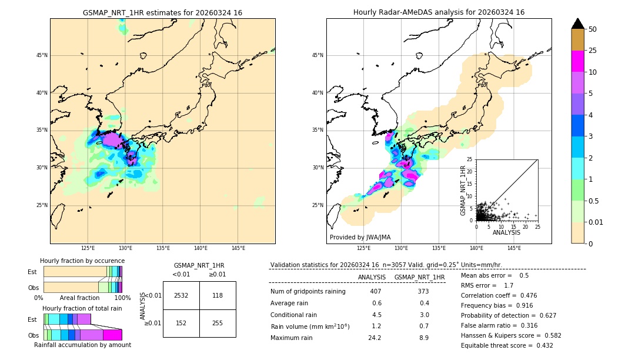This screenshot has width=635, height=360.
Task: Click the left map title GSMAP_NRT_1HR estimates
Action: coord(162,13)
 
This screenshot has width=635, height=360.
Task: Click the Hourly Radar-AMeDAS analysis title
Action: coord(439,12)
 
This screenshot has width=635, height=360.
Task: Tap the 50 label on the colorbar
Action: coord(593,29)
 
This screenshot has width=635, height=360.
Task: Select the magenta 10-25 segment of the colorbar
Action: coord(578,62)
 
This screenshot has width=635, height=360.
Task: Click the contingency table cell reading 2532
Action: coord(181,295)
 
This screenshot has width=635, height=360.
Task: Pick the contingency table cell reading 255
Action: coord(218,323)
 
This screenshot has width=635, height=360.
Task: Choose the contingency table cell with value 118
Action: coord(218,295)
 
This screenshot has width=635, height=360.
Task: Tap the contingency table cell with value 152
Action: coord(181,323)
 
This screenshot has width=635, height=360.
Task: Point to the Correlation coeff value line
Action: coord(499,295)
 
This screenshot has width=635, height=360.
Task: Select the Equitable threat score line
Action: coord(507,345)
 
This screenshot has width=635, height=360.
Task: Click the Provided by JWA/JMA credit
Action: coord(360,238)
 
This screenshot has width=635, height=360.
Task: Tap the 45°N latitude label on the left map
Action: coord(42,55)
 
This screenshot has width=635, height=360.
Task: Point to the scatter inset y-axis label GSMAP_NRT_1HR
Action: coord(463,190)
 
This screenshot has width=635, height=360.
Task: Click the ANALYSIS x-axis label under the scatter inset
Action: coord(506,232)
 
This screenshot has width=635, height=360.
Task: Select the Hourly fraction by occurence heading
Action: coord(82,261)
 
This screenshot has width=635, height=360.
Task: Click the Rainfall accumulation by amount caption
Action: coord(82,345)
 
